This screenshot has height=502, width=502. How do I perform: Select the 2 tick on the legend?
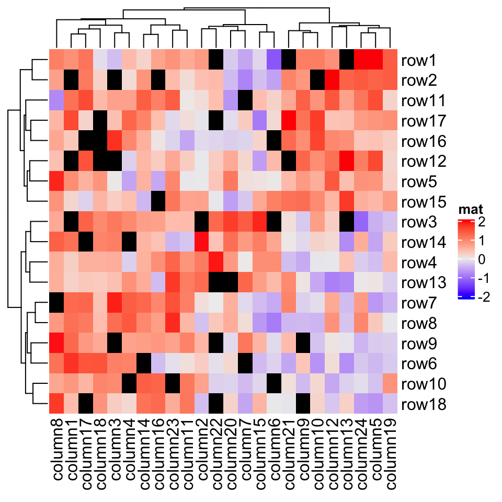(x=481, y=222)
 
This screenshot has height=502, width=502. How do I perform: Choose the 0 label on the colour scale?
(x=481, y=260)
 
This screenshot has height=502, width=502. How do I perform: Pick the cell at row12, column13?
(x=347, y=161)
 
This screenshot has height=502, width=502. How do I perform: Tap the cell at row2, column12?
(x=332, y=80)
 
